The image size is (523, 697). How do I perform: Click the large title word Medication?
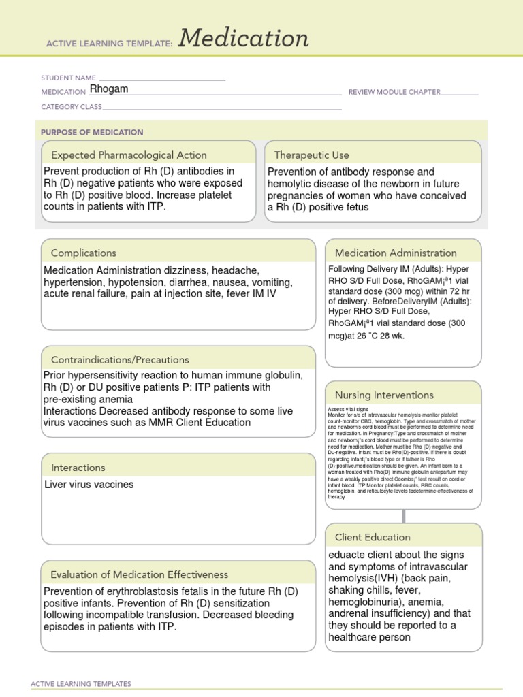[x=244, y=39]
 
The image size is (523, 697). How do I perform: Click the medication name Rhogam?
[x=109, y=89]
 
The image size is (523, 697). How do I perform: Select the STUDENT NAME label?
[x=68, y=78]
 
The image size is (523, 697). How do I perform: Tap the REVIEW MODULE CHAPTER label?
[x=394, y=92]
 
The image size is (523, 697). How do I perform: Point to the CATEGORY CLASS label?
[x=72, y=107]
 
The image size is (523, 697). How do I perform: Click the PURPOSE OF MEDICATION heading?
[x=92, y=132]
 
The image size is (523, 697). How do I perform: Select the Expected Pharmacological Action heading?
[x=129, y=155]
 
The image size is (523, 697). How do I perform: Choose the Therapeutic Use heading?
[x=311, y=155]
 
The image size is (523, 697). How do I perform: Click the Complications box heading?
[x=83, y=253]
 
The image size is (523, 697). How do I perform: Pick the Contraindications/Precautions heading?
[x=120, y=359]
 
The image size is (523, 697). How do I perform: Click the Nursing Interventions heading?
[x=384, y=395]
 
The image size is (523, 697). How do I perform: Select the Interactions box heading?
[x=78, y=468]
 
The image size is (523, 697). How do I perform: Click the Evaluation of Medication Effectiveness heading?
[x=140, y=574]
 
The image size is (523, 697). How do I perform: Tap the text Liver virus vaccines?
[x=89, y=485]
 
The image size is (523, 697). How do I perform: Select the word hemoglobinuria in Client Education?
[x=362, y=602]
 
